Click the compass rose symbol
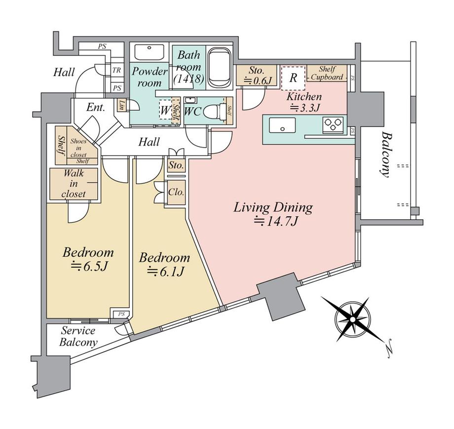(x=352, y=319)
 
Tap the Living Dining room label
(x=273, y=207)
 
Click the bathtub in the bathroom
(x=218, y=67)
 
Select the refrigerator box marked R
(x=293, y=78)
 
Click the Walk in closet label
(x=74, y=184)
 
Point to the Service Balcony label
(x=78, y=337)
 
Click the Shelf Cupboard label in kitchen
(x=327, y=74)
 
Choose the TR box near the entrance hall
(x=116, y=70)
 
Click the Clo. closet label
(x=176, y=192)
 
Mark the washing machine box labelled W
(x=164, y=111)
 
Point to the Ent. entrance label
(x=95, y=108)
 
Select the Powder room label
(x=150, y=77)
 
